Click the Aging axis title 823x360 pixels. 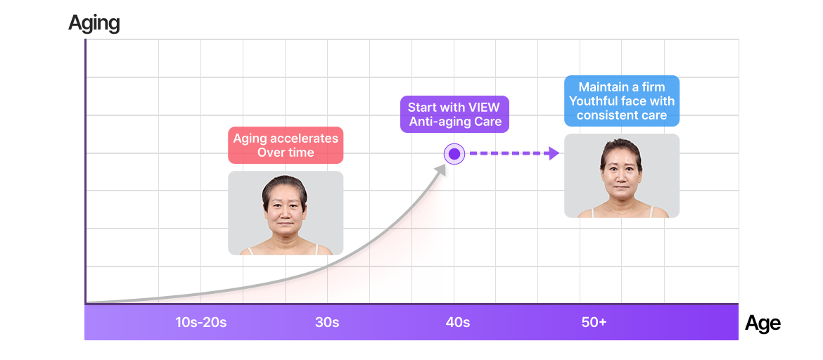(x=94, y=23)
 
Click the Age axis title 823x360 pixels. (x=762, y=323)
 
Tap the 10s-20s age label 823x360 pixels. (x=201, y=322)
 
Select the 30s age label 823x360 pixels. (x=327, y=322)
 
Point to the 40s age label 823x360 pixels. (x=458, y=322)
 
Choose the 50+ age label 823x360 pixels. (x=594, y=322)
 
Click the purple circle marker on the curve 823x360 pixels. (x=454, y=154)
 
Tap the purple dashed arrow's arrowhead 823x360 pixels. (x=553, y=154)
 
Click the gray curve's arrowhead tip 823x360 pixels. (x=445, y=164)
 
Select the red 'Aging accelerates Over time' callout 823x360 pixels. (x=286, y=146)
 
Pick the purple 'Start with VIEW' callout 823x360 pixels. (x=454, y=115)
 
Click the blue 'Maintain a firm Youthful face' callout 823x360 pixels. (x=622, y=101)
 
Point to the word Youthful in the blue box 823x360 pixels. (x=596, y=101)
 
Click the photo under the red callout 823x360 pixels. (x=286, y=213)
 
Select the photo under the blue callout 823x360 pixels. (x=622, y=176)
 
